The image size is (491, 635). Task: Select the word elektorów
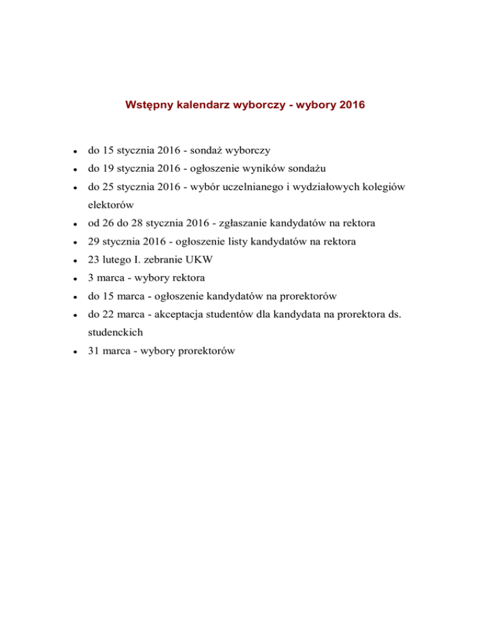click(x=111, y=206)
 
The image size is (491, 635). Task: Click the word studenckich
click(x=116, y=333)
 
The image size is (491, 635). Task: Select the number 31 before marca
click(x=94, y=351)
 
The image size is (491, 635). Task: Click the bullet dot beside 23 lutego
click(x=75, y=261)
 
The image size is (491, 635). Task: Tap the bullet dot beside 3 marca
click(x=75, y=279)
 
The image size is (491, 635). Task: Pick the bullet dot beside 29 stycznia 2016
click(x=75, y=243)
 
